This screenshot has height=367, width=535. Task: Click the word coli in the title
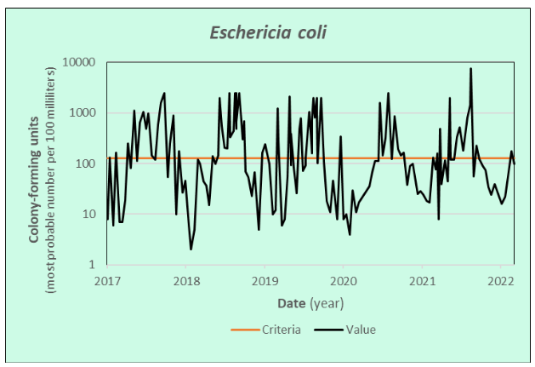pyautogui.click(x=307, y=33)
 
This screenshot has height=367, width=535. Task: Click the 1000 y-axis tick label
pyautogui.click(x=83, y=112)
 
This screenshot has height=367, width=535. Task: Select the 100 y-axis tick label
pyautogui.click(x=86, y=163)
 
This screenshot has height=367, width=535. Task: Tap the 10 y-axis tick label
pyautogui.click(x=89, y=214)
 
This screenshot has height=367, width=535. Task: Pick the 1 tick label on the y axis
pyautogui.click(x=93, y=265)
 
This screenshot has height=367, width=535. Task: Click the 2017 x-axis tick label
pyautogui.click(x=107, y=279)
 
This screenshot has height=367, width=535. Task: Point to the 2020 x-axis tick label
pyautogui.click(x=344, y=279)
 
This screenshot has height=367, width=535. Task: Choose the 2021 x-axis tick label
pyautogui.click(x=423, y=279)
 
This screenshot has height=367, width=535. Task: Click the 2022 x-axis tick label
pyautogui.click(x=501, y=279)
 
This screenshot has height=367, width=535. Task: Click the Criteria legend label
pyautogui.click(x=282, y=330)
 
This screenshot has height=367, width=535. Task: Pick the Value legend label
pyautogui.click(x=360, y=330)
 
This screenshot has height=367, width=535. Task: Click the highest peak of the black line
pyautogui.click(x=470, y=69)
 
